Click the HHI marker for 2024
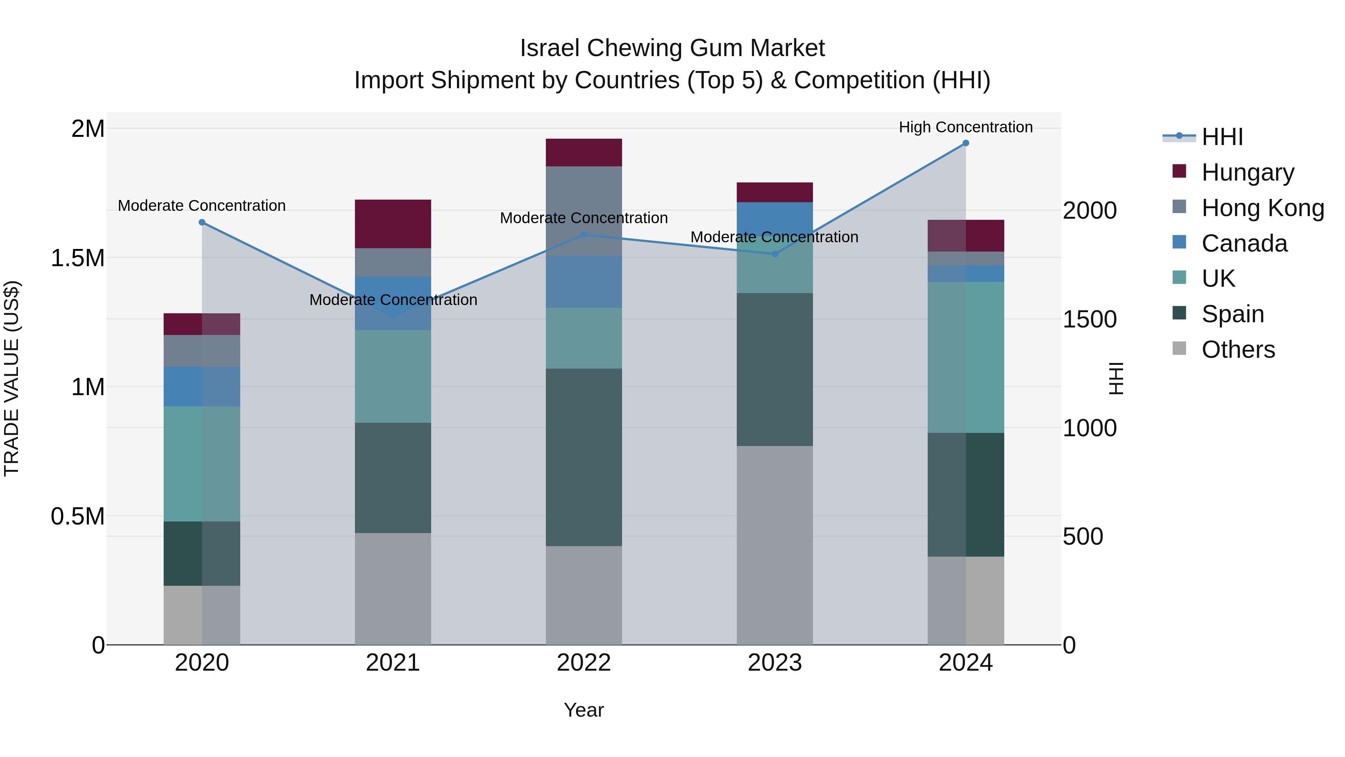965,143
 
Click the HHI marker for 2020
202,222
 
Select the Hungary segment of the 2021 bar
393,224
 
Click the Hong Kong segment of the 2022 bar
584,211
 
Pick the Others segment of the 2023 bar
775,545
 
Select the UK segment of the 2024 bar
965,357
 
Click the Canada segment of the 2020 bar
202,387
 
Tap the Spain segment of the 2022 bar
584,457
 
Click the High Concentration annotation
965,127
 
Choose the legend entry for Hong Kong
1262,208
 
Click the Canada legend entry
1244,243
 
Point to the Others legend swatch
1179,348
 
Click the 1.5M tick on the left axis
77,258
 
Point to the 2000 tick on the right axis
1090,210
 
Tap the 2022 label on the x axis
584,663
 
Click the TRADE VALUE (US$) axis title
12,379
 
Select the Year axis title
584,710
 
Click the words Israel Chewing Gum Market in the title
672,48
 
